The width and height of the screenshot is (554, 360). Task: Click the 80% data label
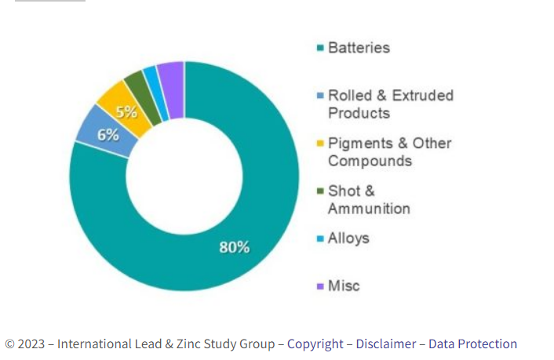coord(234,247)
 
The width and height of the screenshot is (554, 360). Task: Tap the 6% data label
coord(108,134)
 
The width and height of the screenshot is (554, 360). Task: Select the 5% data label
coord(126,111)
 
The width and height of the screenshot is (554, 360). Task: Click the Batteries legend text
coord(359,48)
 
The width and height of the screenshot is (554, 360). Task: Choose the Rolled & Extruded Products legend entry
coord(390,104)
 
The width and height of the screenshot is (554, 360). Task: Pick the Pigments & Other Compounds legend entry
coord(389,152)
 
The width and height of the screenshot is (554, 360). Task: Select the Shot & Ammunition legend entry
coord(368,200)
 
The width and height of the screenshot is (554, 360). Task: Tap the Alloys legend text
coord(348,238)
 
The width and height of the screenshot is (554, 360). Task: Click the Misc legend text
coord(344,285)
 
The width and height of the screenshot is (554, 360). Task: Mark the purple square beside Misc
coord(319,286)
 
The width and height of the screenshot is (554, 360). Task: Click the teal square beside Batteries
coord(319,49)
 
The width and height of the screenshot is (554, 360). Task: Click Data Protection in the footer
coord(470,344)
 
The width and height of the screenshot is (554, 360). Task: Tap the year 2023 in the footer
coord(31,344)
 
